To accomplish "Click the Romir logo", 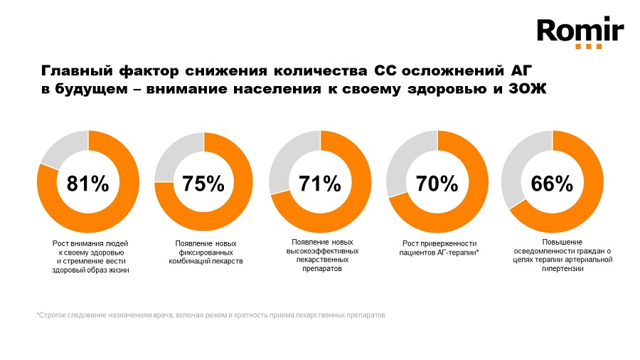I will click(x=580, y=30).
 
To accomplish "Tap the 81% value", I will click(x=87, y=183).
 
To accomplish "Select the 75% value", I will click(x=204, y=183).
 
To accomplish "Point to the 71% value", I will click(x=320, y=183).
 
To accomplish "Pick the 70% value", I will click(x=437, y=183).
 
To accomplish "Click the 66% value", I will click(x=553, y=183).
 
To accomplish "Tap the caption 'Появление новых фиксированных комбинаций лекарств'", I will click(x=206, y=253).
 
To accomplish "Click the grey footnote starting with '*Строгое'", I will click(x=211, y=314).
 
